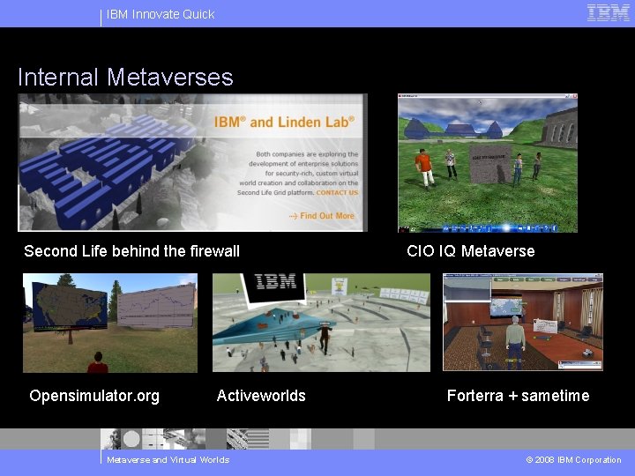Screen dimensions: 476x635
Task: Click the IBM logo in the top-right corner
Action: (x=609, y=13)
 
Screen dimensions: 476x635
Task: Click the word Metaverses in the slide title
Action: (x=169, y=78)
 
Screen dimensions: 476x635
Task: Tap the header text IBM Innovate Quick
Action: (x=161, y=14)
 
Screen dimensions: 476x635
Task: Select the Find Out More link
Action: (x=323, y=216)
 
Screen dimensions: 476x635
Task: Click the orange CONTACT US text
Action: (x=338, y=192)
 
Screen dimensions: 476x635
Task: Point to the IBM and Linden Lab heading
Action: (x=284, y=122)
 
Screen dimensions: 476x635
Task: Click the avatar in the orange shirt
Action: (x=425, y=166)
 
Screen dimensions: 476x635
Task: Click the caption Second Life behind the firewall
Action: (x=131, y=251)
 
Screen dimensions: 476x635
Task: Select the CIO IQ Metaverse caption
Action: (x=470, y=251)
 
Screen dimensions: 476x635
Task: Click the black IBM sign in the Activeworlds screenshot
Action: (x=274, y=283)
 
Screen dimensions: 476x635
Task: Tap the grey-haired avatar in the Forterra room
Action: (x=514, y=338)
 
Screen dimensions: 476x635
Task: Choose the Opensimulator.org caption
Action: (x=94, y=396)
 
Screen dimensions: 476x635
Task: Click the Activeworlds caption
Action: (x=261, y=396)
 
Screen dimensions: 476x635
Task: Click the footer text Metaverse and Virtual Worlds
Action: (x=168, y=460)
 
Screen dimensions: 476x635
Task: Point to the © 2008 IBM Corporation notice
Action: (x=573, y=460)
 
